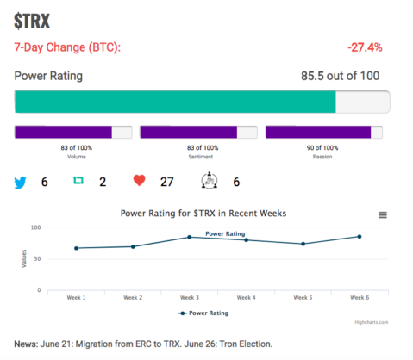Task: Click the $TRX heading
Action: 32,21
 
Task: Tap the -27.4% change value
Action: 365,47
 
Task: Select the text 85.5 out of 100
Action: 341,76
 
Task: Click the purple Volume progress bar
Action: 63,132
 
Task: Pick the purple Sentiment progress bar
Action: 189,132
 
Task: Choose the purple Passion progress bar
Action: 318,132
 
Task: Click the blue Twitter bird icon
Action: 20,183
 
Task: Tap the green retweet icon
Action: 78,180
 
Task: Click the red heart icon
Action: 140,181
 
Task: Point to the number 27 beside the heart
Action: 166,182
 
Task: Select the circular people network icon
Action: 210,180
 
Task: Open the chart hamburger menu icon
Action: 383,214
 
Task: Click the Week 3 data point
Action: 190,237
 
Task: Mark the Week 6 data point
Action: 360,237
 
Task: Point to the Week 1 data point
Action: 76,248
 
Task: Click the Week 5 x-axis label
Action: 303,298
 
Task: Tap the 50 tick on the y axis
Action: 37,258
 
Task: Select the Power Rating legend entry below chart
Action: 203,313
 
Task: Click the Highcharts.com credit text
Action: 372,322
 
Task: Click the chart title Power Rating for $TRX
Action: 203,214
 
